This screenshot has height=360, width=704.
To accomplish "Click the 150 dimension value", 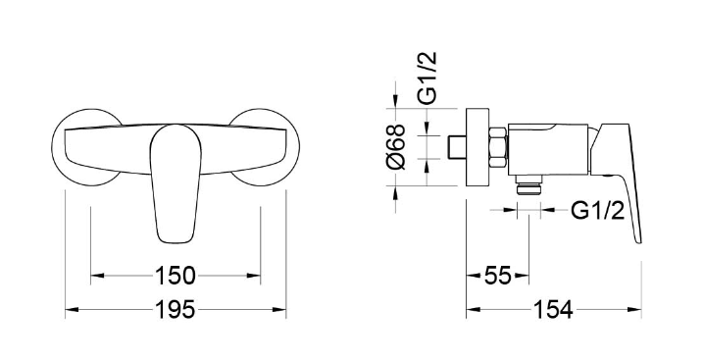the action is (x=176, y=276).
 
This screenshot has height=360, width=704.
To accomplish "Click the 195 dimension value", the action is (x=176, y=310).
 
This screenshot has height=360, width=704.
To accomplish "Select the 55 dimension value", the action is (x=497, y=276).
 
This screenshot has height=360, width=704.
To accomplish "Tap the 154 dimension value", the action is (x=553, y=310).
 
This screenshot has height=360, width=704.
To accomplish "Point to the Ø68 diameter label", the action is (x=395, y=147).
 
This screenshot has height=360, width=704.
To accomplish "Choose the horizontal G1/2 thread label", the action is (x=597, y=210).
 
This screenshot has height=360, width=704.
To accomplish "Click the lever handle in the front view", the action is (x=176, y=183).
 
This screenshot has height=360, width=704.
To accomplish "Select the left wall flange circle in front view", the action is (x=85, y=147).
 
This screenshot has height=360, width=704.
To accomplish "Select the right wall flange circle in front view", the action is (x=266, y=147).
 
